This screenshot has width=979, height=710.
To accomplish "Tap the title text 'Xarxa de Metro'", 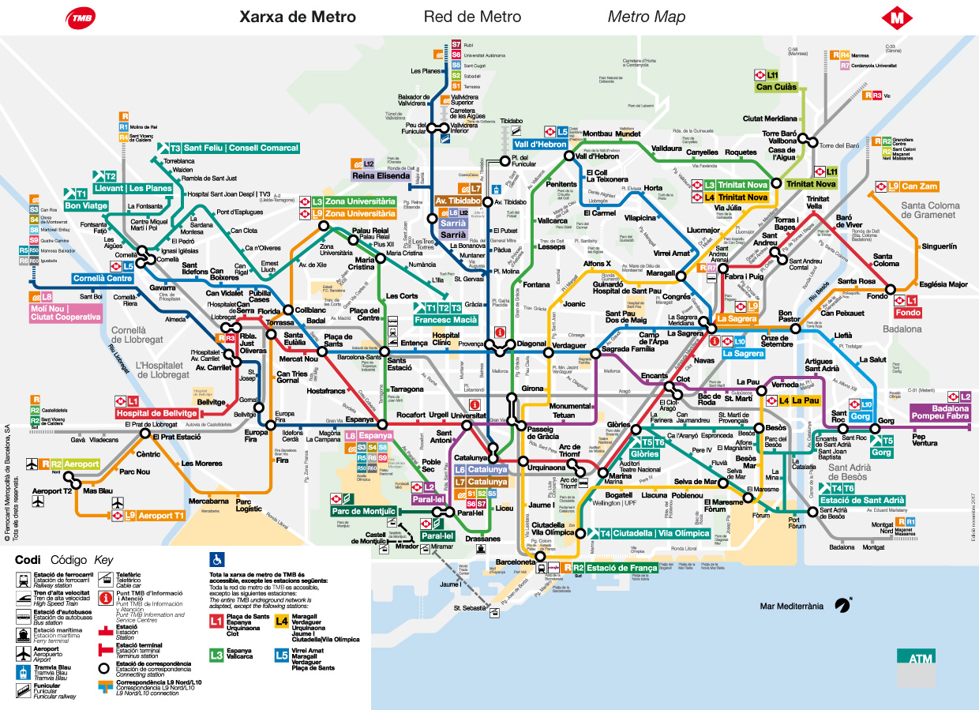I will (298, 17).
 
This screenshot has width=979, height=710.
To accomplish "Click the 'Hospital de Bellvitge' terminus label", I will (156, 413).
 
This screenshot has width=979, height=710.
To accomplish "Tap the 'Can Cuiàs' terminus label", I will (777, 87).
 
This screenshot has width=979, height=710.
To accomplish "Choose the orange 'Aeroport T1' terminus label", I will (162, 516).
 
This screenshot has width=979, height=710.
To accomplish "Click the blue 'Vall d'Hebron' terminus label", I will (540, 145).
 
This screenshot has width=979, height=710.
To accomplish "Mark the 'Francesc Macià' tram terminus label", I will (451, 319).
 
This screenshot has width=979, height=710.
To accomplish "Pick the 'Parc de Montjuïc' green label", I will (362, 511).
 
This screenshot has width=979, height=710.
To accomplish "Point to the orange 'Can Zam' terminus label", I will (919, 186).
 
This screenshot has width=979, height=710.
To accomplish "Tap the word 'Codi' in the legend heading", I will (28, 559).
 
